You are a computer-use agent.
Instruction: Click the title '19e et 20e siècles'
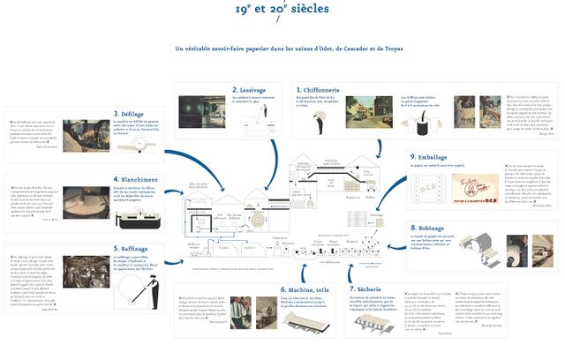click(x=282, y=11)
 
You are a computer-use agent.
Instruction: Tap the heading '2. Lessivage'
click(x=249, y=90)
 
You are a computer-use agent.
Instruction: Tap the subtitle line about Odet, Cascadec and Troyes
click(x=282, y=48)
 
